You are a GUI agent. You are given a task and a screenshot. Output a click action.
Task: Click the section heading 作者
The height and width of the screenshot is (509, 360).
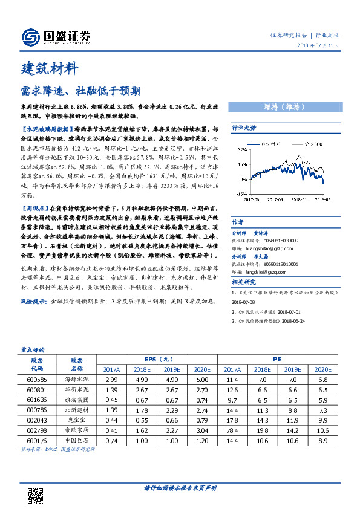coord(238,222)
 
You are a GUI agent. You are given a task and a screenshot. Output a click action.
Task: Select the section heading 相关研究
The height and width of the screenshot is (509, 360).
coord(244,281)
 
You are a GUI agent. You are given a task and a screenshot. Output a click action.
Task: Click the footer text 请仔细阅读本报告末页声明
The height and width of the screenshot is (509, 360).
coord(180,487)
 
